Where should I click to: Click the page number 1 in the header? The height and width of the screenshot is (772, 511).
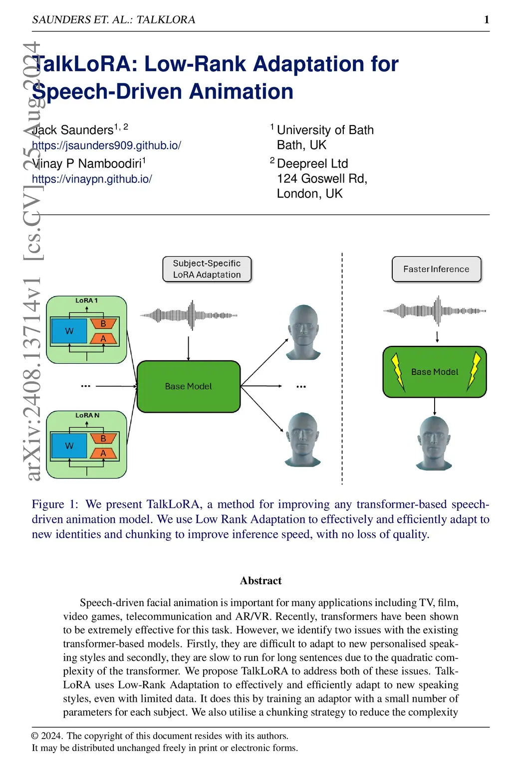coord(487,19)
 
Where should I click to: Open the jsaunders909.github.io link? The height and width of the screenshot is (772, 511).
coord(106,146)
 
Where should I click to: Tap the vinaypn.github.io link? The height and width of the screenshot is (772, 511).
coord(92,179)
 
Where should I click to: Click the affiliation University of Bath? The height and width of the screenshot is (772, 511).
coord(325,130)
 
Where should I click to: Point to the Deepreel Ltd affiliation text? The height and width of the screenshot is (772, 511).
coord(312,163)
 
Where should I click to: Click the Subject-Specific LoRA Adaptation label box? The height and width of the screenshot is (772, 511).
coord(207,269)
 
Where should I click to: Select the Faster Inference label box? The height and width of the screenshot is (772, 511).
coord(436,269)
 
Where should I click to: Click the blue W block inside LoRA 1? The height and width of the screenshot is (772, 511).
coord(69,331)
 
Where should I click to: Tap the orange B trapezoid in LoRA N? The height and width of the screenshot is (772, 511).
coord(103,439)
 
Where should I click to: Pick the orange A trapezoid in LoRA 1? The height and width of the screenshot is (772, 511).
coord(103,339)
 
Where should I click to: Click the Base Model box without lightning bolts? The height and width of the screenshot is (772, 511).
coord(188,386)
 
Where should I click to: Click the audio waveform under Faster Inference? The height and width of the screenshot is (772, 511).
coord(434,310)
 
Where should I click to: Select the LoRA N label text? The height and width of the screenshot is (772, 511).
coord(87,415)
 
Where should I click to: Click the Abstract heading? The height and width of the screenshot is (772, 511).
coord(260,581)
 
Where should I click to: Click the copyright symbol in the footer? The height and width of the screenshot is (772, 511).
coord(35,736)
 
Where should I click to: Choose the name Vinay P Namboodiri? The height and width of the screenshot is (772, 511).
coord(87,163)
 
